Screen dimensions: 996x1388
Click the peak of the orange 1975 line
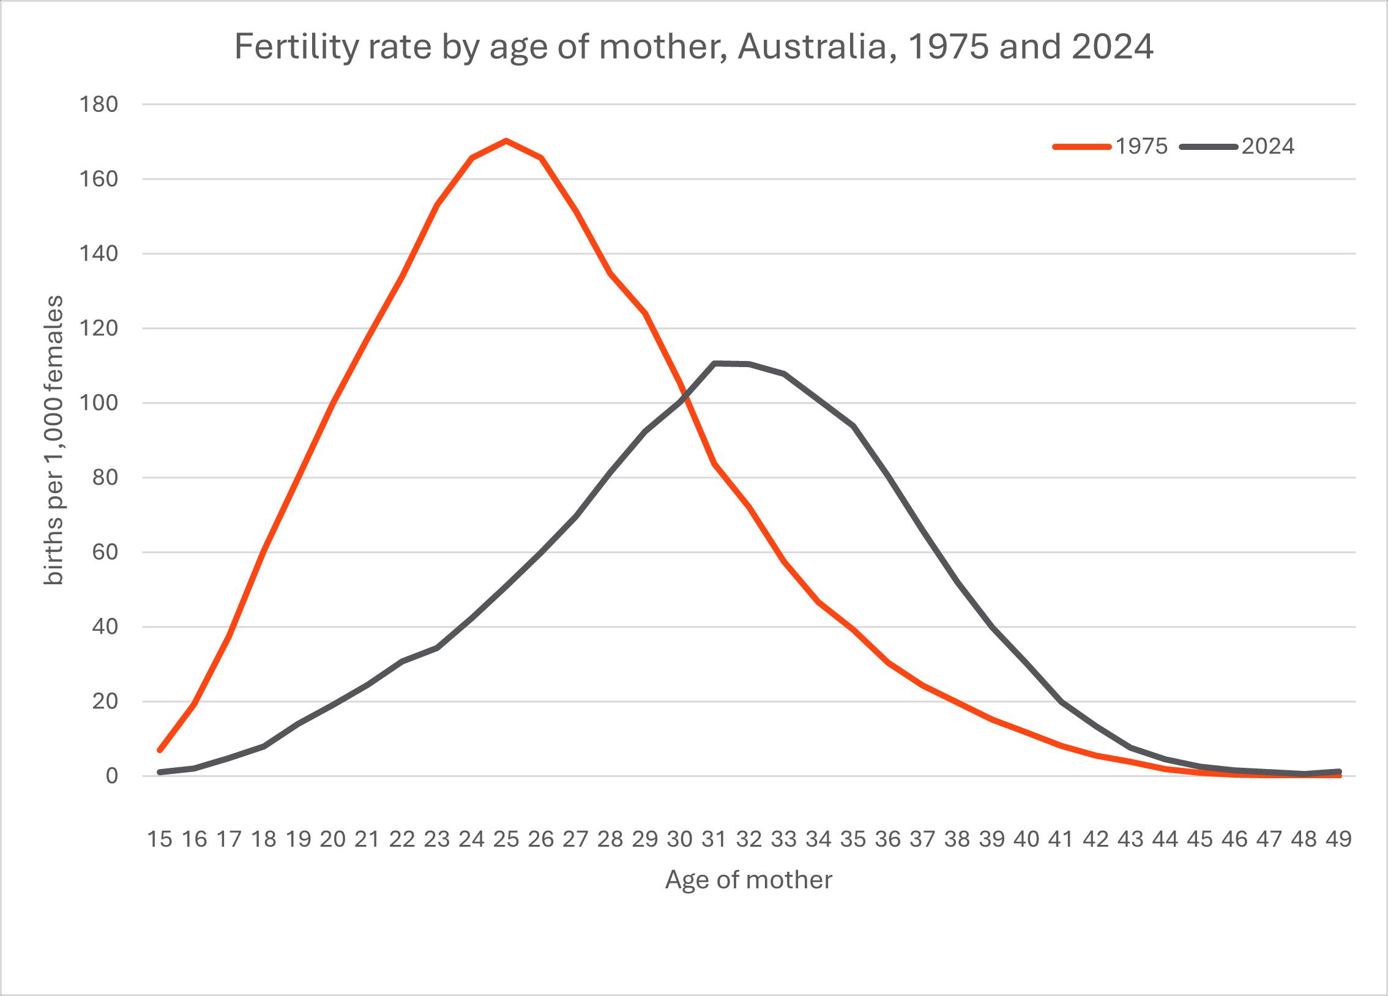[x=506, y=141]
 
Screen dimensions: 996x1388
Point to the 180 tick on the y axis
[x=99, y=105]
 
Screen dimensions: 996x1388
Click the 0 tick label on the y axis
[x=111, y=776]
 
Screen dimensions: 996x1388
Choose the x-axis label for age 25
[x=506, y=839]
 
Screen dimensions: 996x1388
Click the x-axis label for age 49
[x=1338, y=839]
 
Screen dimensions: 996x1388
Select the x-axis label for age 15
[x=160, y=839]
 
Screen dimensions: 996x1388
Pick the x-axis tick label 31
[x=714, y=839]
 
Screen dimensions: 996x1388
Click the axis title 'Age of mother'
[x=748, y=880]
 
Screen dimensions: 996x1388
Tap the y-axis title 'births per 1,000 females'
[x=54, y=440]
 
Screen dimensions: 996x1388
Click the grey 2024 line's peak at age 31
[x=714, y=363]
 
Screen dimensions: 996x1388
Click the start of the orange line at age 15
[x=160, y=750]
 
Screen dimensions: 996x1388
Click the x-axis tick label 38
[x=957, y=839]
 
